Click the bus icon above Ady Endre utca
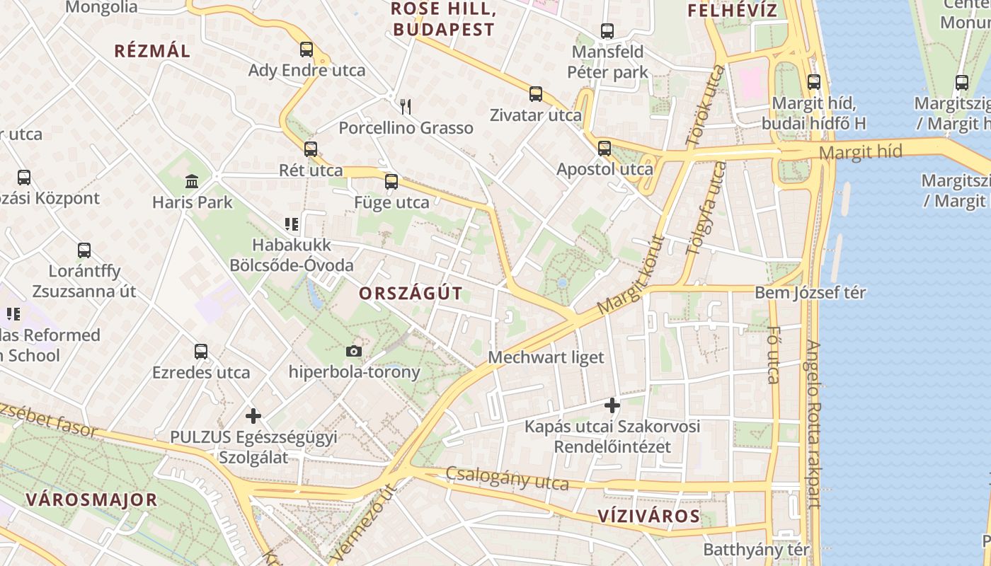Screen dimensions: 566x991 (306, 50)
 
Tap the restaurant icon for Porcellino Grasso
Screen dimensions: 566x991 (406, 107)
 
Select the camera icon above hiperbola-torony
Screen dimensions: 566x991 (354, 351)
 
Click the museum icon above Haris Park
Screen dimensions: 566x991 (192, 181)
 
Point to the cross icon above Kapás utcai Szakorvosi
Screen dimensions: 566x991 (612, 405)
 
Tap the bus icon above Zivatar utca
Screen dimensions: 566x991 (536, 94)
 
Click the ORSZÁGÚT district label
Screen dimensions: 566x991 (411, 294)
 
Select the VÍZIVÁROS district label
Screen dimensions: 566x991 (649, 516)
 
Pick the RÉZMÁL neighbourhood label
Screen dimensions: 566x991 (152, 51)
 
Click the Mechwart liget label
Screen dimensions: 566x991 (546, 357)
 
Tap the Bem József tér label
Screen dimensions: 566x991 (810, 293)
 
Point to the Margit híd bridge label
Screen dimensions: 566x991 (861, 152)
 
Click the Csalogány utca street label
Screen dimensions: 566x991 (507, 478)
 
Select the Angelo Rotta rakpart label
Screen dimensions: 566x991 (815, 424)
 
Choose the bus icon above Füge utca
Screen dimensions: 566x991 (391, 182)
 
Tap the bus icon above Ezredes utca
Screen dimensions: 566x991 (201, 352)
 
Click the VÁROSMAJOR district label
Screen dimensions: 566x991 (91, 499)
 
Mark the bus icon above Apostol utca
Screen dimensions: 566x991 (604, 149)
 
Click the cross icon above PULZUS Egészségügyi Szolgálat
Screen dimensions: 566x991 (253, 416)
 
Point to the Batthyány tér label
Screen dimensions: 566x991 (756, 550)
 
